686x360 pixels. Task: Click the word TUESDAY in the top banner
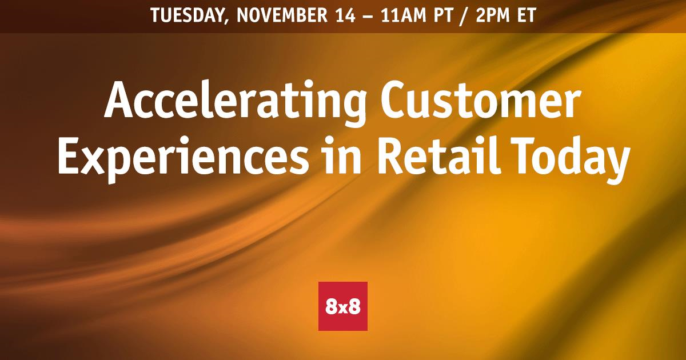click(188, 15)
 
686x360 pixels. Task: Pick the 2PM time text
click(493, 15)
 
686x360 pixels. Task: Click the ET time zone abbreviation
click(527, 15)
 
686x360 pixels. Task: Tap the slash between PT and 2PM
click(464, 16)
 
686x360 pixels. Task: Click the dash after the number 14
click(368, 17)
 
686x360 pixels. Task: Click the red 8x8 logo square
click(343, 306)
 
